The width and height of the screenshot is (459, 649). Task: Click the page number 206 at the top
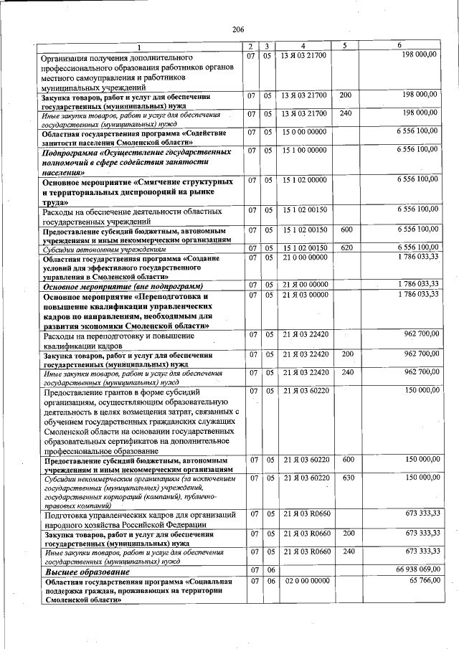click(x=238, y=29)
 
